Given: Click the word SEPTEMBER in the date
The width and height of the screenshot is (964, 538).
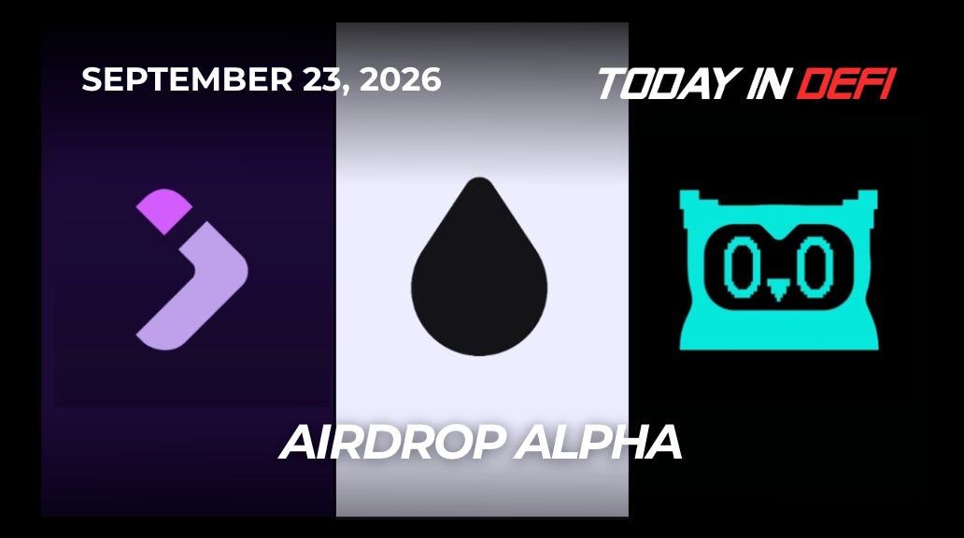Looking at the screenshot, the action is tap(187, 79).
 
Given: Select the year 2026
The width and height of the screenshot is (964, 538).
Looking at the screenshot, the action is tap(400, 79).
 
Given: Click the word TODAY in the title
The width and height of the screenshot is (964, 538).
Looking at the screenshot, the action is tap(667, 83).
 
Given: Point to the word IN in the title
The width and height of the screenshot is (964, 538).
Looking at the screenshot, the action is tap(767, 83).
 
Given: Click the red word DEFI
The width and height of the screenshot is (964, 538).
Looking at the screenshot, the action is tap(846, 83).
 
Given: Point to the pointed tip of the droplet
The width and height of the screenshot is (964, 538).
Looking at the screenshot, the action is tap(479, 178).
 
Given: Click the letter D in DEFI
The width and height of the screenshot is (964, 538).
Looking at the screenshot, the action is tap(814, 83).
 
